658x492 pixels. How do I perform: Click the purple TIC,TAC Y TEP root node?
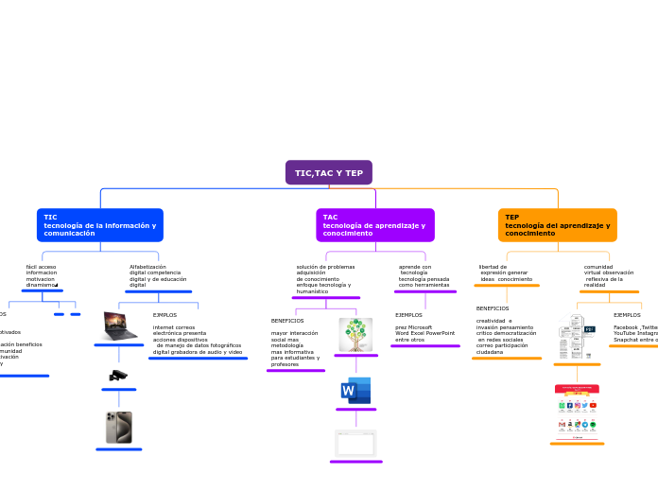click(329, 173)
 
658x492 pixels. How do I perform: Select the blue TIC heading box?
click(100, 225)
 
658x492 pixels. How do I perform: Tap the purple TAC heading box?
click(375, 225)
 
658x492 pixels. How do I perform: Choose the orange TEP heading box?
click(558, 225)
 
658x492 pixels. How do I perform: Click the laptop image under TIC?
click(120, 325)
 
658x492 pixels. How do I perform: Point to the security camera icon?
click(118, 376)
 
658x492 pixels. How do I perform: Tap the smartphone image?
click(119, 428)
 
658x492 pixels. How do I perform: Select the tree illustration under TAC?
click(355, 335)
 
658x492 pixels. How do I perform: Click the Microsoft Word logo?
click(355, 391)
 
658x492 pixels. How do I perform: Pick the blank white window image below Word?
click(355, 443)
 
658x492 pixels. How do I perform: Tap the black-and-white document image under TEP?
click(576, 337)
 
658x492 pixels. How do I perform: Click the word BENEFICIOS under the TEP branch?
click(493, 308)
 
